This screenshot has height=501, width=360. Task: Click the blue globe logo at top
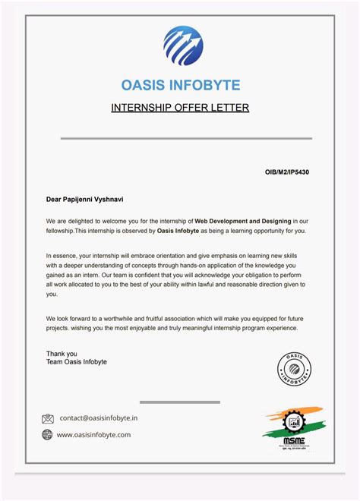coord(183,46)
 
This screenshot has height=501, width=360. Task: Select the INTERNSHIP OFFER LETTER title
coord(180,108)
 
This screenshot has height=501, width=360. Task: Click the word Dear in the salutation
coord(54,200)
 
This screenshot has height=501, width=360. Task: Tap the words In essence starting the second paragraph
coord(62,256)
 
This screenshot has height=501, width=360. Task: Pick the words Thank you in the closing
coord(62,354)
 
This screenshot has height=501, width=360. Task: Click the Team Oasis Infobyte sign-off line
coord(77,362)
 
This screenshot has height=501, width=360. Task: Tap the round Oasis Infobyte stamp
coord(294,370)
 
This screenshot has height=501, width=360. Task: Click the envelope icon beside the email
coord(48,418)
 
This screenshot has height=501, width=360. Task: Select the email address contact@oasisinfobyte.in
coord(99,418)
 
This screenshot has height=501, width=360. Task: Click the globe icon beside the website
coord(48,435)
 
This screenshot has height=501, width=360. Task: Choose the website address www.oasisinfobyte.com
coord(94,435)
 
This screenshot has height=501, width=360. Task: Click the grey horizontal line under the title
coord(186,139)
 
